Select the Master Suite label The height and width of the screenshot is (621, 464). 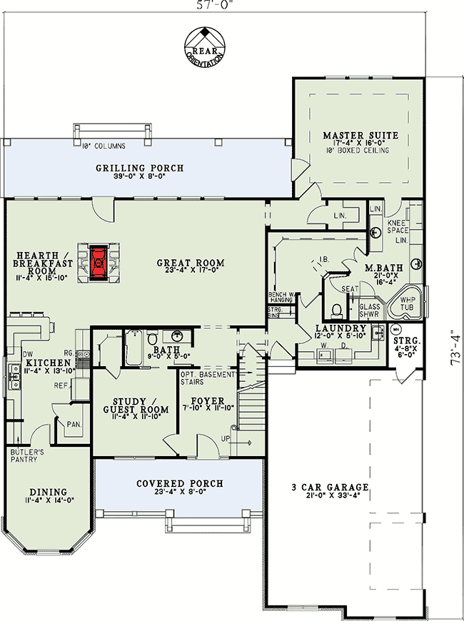[360, 135]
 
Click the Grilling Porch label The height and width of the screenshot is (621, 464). [140, 168]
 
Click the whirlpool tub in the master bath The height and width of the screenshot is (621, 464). [406, 305]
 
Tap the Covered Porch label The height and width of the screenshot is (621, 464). [180, 483]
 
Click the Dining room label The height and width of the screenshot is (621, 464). [49, 492]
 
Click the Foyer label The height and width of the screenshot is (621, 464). [208, 400]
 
